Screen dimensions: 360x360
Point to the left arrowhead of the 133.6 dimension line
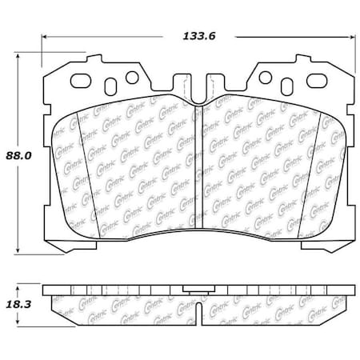coord(45,36)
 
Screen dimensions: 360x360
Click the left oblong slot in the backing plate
coord(83,80)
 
